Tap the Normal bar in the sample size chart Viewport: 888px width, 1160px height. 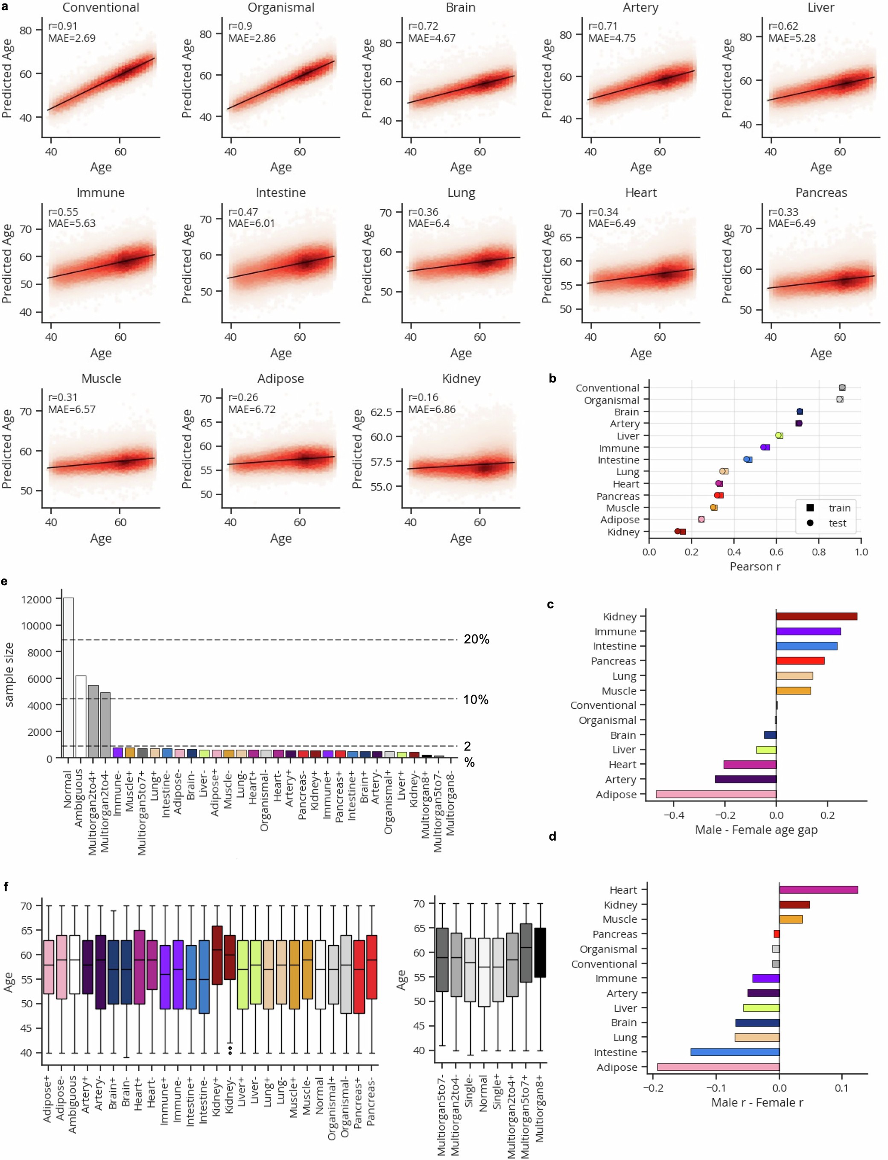pos(68,678)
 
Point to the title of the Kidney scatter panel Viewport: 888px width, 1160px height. pos(461,378)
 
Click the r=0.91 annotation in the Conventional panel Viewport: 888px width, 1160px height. pos(63,26)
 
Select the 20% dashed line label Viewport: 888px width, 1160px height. pos(476,640)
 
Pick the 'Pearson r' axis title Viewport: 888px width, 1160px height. pos(755,567)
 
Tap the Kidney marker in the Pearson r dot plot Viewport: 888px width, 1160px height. pos(680,532)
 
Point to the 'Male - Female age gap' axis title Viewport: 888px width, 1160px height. pos(756,829)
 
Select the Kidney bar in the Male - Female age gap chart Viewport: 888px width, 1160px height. pos(816,616)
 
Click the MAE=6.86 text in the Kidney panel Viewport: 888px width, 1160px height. pos(431,409)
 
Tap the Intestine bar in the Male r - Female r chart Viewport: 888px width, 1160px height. pos(735,1052)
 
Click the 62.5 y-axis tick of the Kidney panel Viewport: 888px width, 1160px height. pos(381,412)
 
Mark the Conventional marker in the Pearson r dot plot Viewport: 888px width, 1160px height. pos(842,387)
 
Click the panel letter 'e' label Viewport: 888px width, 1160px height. pos(4,582)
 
